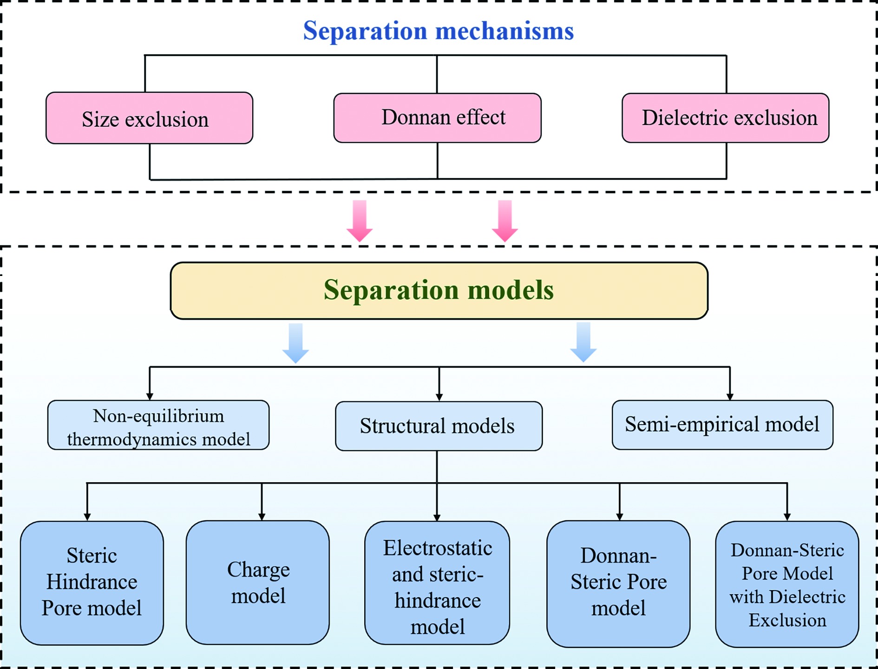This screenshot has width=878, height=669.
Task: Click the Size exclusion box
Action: (149, 118)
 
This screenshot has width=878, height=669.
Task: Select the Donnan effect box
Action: (437, 118)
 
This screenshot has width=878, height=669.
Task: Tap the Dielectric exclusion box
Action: (725, 118)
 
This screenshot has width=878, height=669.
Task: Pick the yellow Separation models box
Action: (439, 290)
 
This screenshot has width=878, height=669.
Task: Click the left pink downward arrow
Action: (360, 221)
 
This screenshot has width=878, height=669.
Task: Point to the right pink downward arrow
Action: (505, 221)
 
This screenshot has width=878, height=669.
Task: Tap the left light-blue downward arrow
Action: (295, 343)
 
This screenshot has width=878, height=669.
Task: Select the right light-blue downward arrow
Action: (583, 342)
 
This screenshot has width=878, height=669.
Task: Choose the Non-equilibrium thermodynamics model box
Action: (158, 425)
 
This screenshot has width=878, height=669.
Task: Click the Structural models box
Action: (439, 426)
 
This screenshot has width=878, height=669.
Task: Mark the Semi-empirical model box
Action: (722, 425)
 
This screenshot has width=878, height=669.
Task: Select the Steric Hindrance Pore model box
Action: (92, 583)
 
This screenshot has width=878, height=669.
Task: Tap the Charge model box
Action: (258, 583)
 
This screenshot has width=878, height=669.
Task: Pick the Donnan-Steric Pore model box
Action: (618, 584)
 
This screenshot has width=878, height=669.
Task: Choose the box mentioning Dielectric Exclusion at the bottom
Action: (787, 584)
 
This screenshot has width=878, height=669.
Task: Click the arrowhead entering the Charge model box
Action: (262, 517)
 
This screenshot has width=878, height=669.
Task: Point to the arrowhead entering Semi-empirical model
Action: (730, 396)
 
